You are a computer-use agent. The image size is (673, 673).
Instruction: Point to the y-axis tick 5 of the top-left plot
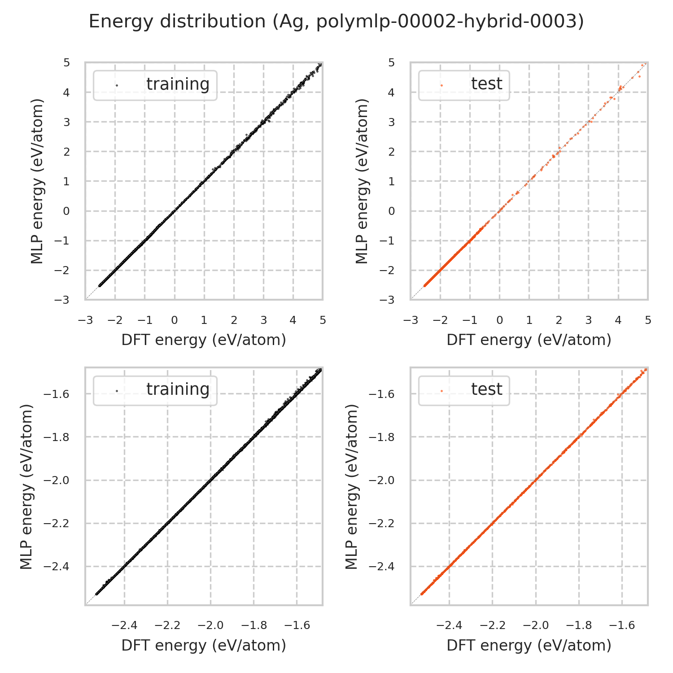click(67, 62)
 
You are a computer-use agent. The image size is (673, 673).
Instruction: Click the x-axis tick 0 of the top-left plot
click(174, 320)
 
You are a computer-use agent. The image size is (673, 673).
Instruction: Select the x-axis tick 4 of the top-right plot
click(618, 320)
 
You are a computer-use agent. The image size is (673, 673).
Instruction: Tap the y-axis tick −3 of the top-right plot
click(389, 300)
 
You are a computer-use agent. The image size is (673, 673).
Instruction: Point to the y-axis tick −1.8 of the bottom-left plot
click(58, 437)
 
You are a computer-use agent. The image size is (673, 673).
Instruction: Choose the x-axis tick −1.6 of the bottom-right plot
click(621, 625)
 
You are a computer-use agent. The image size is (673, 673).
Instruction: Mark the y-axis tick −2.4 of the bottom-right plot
click(384, 567)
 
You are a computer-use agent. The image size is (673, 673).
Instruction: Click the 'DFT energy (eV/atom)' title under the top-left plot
click(204, 340)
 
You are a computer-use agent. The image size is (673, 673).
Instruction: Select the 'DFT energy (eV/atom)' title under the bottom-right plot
click(529, 645)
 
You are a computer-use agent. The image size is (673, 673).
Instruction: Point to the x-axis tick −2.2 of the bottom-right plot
click(491, 625)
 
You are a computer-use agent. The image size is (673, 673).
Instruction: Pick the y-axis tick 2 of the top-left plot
click(67, 152)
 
